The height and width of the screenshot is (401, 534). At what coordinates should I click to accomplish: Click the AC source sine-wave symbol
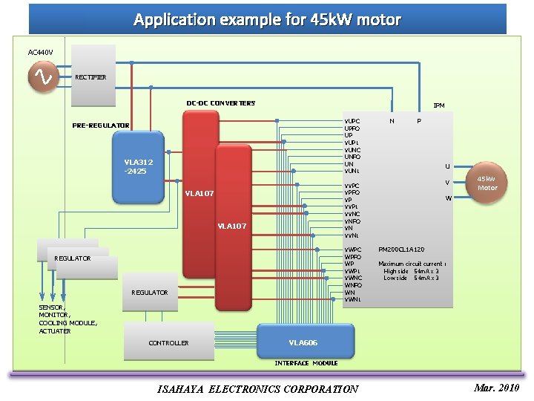44,77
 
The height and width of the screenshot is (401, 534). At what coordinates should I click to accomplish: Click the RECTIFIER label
90,77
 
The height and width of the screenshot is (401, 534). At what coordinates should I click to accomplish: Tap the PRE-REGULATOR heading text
101,125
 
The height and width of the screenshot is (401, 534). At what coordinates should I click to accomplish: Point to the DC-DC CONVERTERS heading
220,103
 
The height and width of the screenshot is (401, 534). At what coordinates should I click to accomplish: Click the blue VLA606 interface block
303,342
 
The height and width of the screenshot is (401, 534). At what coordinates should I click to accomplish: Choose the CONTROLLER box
168,343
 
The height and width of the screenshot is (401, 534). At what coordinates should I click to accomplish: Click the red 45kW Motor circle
487,183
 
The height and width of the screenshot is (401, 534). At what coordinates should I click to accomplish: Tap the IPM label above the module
439,105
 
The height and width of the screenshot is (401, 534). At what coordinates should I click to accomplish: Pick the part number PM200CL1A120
401,250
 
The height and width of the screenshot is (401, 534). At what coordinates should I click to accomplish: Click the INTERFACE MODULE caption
306,363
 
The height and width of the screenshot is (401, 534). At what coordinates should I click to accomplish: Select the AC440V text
40,52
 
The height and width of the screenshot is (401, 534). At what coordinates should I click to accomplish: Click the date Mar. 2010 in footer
497,388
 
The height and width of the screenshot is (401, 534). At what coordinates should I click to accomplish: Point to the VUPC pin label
352,120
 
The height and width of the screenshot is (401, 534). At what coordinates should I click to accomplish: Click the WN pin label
349,293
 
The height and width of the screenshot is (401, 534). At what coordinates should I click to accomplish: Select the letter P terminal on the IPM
419,120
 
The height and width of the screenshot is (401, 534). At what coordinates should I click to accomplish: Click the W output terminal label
447,198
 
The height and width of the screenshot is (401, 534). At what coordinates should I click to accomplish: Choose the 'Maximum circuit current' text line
410,264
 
